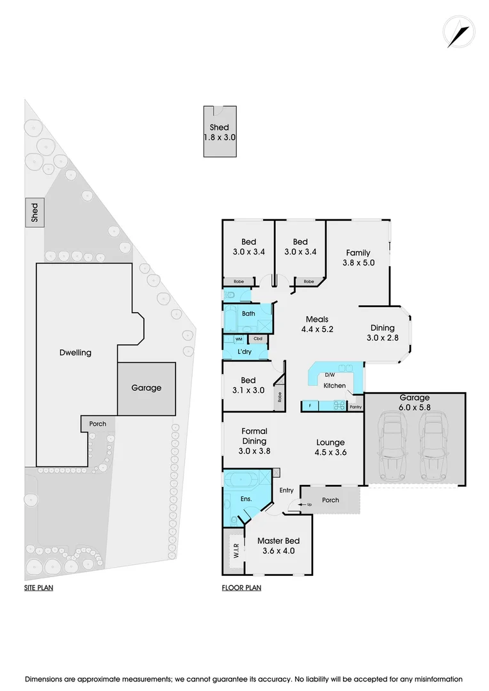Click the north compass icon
point(458,33)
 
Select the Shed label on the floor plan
point(220,127)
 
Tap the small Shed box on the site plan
point(35,213)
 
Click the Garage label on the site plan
point(147,388)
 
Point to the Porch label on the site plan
point(97,424)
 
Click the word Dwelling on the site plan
point(76,353)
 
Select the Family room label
point(358,253)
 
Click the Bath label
point(248,314)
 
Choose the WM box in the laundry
point(238,339)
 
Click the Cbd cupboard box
point(258,339)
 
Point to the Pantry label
point(355,406)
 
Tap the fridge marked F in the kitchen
point(310,406)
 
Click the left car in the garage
point(392,447)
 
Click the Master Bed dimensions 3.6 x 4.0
point(278,550)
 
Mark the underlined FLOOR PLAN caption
point(241,588)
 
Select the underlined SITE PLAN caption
point(38,588)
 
